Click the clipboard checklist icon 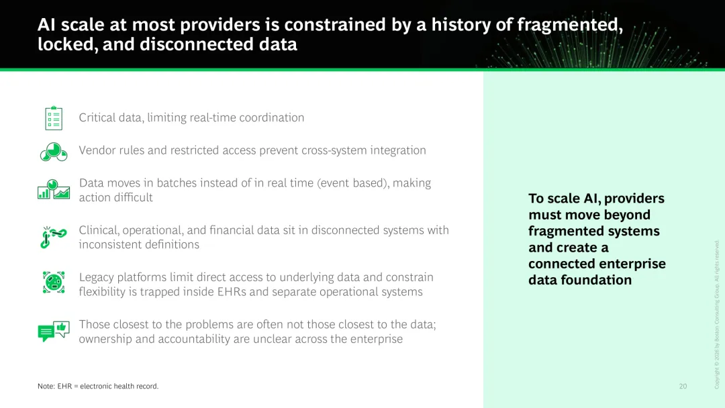coord(54,118)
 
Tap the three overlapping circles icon coord(54,152)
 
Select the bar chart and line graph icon coord(54,189)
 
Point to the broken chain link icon coord(54,237)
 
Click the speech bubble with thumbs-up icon coord(54,331)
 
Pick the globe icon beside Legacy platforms coord(54,283)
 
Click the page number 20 coord(683,387)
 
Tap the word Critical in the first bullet coord(97,118)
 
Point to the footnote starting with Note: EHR coord(98,387)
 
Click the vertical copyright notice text coord(717,315)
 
